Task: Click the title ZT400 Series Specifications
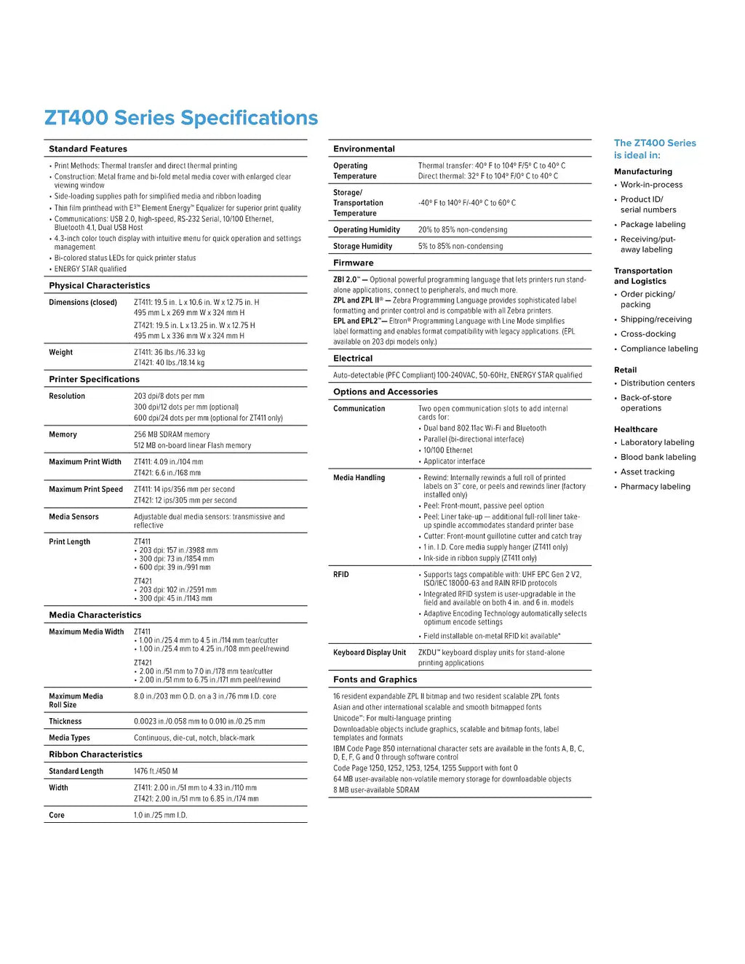pyautogui.click(x=181, y=118)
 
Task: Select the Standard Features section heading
pyautogui.click(x=88, y=148)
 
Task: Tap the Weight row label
pyautogui.click(x=61, y=352)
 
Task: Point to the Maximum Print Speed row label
pyautogui.click(x=86, y=489)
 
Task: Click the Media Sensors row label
pyautogui.click(x=73, y=517)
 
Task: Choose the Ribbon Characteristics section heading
pyautogui.click(x=95, y=754)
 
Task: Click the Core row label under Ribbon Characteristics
pyautogui.click(x=57, y=815)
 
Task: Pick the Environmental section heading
pyautogui.click(x=364, y=148)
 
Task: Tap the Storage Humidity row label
pyautogui.click(x=362, y=246)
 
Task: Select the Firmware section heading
pyautogui.click(x=354, y=263)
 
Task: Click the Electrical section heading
pyautogui.click(x=353, y=358)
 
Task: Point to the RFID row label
pyautogui.click(x=341, y=575)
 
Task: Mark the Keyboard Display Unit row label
pyautogui.click(x=370, y=653)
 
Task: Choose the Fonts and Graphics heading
pyautogui.click(x=375, y=680)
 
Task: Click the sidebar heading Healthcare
pyautogui.click(x=635, y=429)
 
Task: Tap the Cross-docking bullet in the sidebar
pyautogui.click(x=648, y=334)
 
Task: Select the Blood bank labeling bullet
pyautogui.click(x=658, y=457)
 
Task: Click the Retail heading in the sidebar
pyautogui.click(x=625, y=370)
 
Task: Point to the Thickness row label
pyautogui.click(x=65, y=721)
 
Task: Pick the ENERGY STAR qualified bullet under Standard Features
pyautogui.click(x=90, y=268)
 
